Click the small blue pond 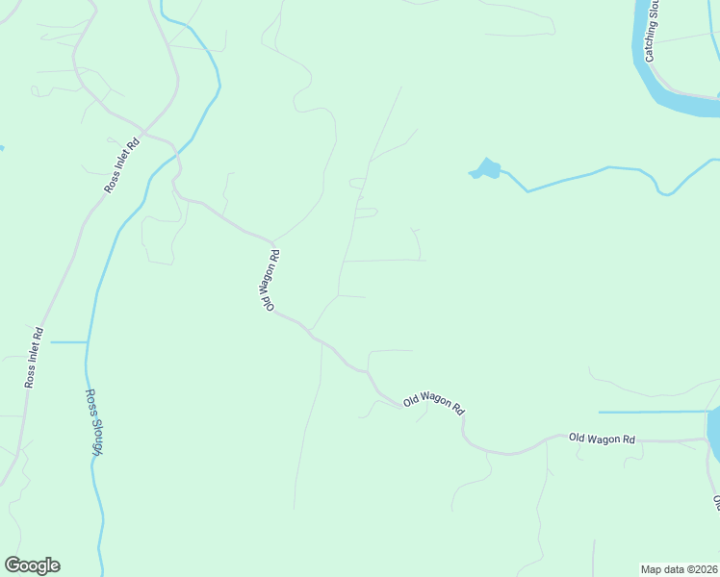click(x=488, y=170)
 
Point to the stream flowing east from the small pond click(x=578, y=177)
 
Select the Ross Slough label click(x=94, y=422)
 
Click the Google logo click(x=32, y=565)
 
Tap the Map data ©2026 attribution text click(x=679, y=568)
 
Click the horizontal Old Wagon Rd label click(x=602, y=439)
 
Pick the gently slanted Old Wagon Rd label click(x=434, y=397)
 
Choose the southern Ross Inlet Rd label click(x=35, y=358)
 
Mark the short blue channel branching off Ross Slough click(x=67, y=341)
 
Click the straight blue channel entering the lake click(x=655, y=412)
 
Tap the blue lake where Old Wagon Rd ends click(x=714, y=433)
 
